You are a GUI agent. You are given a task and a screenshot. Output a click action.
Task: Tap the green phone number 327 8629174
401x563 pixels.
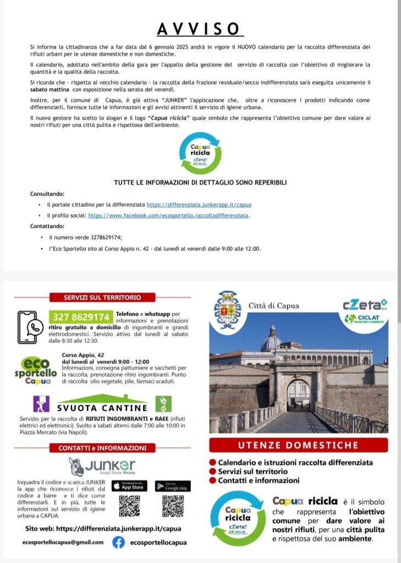click(x=81, y=317)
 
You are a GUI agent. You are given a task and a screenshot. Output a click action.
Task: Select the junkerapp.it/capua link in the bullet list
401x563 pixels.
click(x=199, y=205)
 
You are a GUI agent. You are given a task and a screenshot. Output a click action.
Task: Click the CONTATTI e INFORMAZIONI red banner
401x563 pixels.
click(x=102, y=448)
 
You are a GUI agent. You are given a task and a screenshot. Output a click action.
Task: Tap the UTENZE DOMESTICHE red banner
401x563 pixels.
click(x=299, y=444)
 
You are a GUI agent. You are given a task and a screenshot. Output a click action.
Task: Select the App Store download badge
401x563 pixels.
click(x=130, y=486)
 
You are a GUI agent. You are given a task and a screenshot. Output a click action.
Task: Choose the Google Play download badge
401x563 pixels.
click(x=172, y=486)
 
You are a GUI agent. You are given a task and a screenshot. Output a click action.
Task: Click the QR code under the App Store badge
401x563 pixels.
click(x=130, y=506)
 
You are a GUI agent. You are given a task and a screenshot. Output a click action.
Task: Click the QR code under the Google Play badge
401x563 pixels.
click(x=173, y=506)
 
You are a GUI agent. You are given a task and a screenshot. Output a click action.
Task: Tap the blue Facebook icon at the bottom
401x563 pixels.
click(x=118, y=543)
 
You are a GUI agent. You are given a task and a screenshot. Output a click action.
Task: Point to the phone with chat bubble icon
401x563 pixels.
click(x=30, y=327)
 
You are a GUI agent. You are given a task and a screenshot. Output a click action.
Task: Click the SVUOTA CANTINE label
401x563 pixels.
click(x=102, y=407)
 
